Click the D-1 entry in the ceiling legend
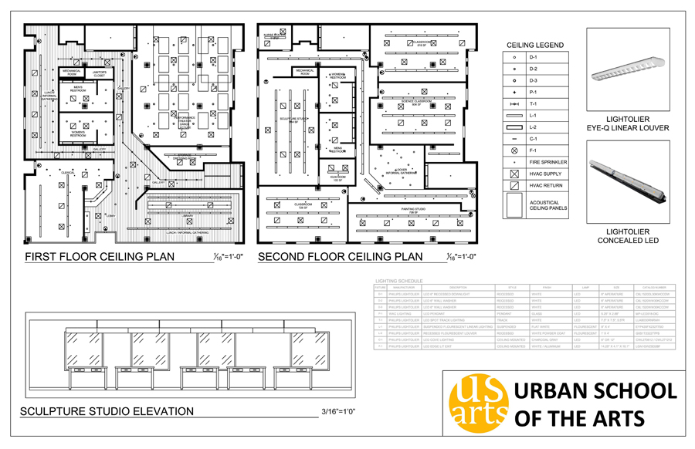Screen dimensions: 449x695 pos(534,57)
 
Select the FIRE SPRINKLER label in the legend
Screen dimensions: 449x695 pos(548,163)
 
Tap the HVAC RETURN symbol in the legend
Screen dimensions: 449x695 pos(514,186)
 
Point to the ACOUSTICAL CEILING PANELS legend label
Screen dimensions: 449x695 pos(548,205)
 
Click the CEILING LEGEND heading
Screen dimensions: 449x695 pos(534,46)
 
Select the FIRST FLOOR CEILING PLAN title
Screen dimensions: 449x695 pos(100,257)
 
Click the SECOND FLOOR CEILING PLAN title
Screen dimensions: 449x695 pos(340,257)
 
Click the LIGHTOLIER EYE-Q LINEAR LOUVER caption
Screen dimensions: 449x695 pos(627,123)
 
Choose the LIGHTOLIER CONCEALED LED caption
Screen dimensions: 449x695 pos(627,236)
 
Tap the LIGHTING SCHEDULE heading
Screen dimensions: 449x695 pos(399,282)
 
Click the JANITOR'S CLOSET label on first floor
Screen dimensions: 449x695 pos(100,73)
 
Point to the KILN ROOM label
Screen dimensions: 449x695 pos(337,178)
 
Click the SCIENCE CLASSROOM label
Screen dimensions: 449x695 pos(415,101)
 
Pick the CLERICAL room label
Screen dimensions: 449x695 pos(67,173)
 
